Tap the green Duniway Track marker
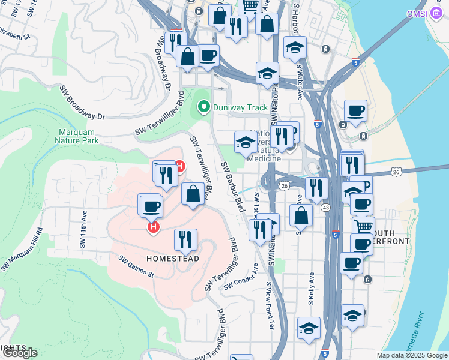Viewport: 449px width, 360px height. [203, 108]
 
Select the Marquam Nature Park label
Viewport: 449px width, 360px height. [78, 137]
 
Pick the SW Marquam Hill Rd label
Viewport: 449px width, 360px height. [23, 248]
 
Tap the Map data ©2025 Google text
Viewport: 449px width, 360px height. [412, 355]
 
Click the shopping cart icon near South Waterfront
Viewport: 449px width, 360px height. [363, 227]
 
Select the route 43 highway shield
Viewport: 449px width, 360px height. [325, 207]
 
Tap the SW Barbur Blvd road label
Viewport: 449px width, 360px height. [232, 187]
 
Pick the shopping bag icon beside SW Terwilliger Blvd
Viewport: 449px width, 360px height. [193, 194]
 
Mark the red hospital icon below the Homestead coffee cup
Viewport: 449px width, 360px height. [154, 227]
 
